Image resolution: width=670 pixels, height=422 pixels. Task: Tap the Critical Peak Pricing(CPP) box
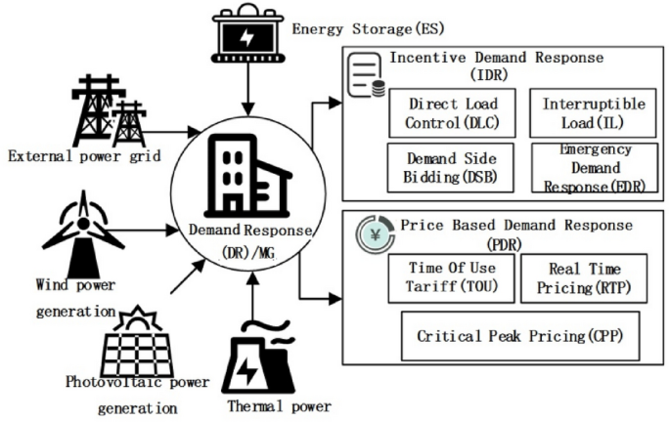coord(519,336)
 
